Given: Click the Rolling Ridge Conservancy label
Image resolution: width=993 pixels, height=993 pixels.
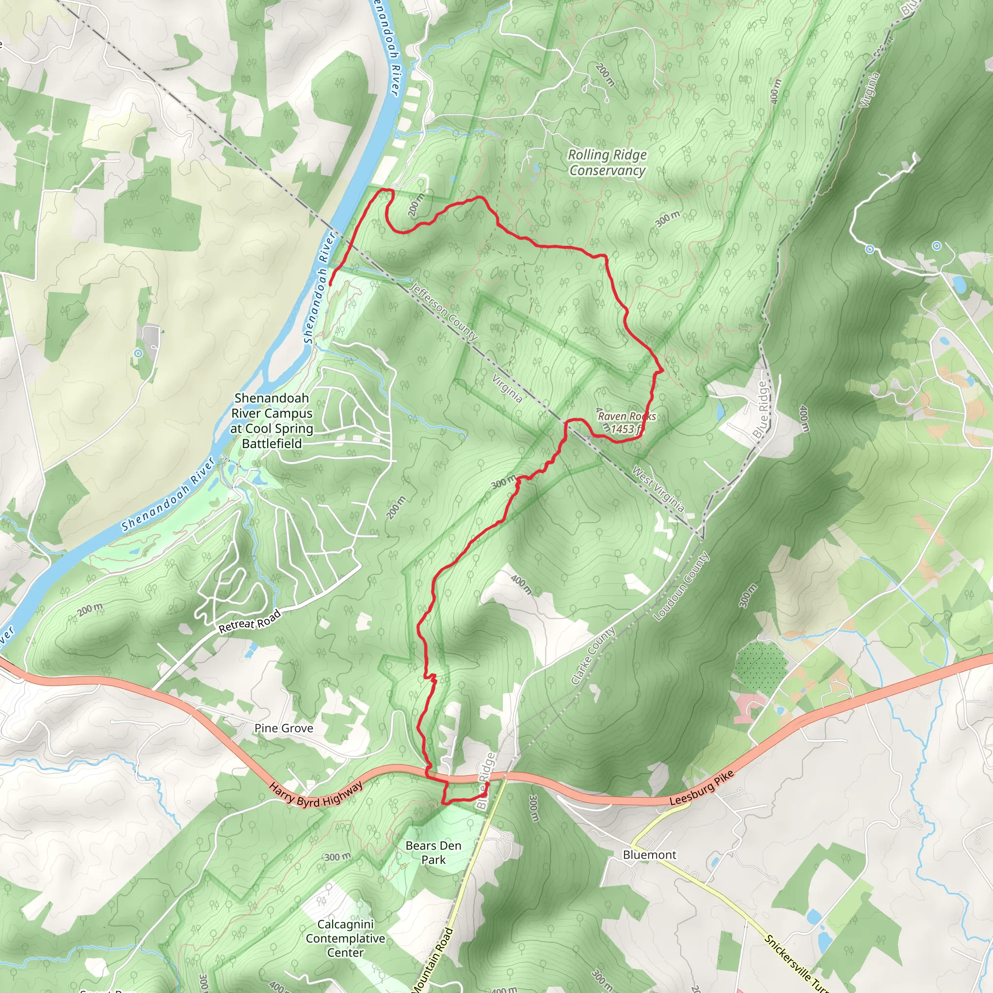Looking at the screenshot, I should point(607,162).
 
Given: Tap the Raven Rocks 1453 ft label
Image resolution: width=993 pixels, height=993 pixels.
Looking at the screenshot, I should point(626,422).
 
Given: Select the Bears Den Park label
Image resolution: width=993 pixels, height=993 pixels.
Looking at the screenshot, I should point(433,852).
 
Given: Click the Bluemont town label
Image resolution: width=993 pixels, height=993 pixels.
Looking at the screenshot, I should point(649,855).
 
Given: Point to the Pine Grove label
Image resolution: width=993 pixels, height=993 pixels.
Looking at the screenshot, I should point(284,728).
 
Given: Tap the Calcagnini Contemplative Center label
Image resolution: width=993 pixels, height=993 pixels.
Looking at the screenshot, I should point(345,938).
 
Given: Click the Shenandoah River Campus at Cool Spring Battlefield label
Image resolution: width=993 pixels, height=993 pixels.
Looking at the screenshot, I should point(272,420).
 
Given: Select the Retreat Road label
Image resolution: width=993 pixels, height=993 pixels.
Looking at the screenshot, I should point(250,621).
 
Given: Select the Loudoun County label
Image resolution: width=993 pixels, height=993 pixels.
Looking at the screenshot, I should point(681,587).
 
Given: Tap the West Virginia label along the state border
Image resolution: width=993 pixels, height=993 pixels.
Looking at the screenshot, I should point(658,489).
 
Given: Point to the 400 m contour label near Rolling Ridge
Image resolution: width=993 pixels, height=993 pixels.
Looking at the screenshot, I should point(775,92).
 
